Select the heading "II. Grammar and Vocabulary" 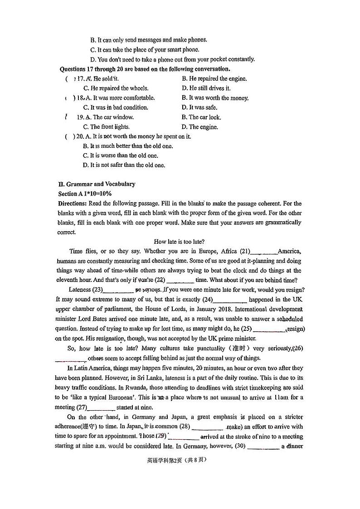[x=97, y=184]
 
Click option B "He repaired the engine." [x=214, y=78]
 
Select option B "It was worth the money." [x=215, y=98]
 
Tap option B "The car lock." [x=201, y=117]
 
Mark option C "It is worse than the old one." [x=121, y=155]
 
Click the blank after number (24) [x=230, y=300]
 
